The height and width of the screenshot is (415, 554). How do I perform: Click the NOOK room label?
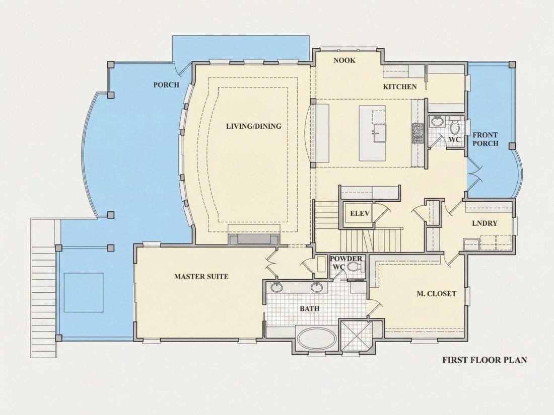344,60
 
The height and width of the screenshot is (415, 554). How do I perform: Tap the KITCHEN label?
400,87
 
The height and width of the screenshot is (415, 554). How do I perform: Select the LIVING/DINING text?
254,126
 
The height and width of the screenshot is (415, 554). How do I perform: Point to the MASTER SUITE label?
201,276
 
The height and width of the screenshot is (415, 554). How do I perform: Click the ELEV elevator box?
360,213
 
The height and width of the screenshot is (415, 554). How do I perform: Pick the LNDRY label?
484,223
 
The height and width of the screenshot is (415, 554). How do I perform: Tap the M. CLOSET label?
436,293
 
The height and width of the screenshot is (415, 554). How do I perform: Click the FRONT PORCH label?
486,139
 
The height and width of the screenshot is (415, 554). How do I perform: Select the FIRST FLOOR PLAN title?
484,360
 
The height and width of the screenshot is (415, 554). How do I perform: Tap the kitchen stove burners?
418,133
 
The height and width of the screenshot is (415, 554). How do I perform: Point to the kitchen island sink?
379,132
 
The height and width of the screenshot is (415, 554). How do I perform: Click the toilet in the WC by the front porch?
455,127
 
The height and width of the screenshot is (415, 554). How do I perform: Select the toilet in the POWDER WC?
353,267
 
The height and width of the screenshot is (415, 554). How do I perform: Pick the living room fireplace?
254,239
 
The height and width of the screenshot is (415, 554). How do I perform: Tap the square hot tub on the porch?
84,292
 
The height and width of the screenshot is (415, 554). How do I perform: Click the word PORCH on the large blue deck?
166,85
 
